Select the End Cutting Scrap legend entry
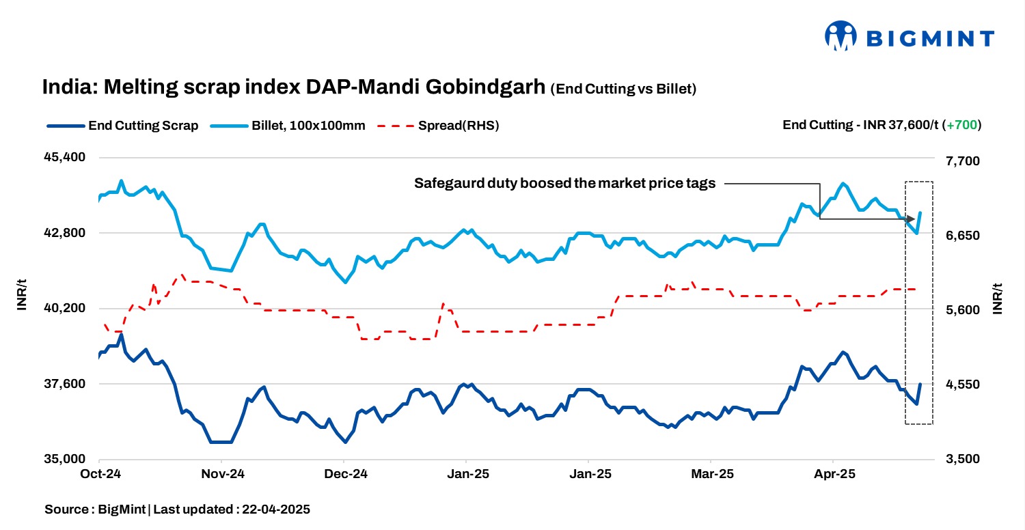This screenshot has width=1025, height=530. point(124,126)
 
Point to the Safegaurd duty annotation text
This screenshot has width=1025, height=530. point(564,183)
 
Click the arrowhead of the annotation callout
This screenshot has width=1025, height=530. point(912,219)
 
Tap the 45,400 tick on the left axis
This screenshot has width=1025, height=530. point(66,157)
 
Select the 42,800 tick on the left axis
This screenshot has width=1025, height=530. point(66,233)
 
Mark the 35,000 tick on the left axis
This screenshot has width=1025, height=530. point(66,460)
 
